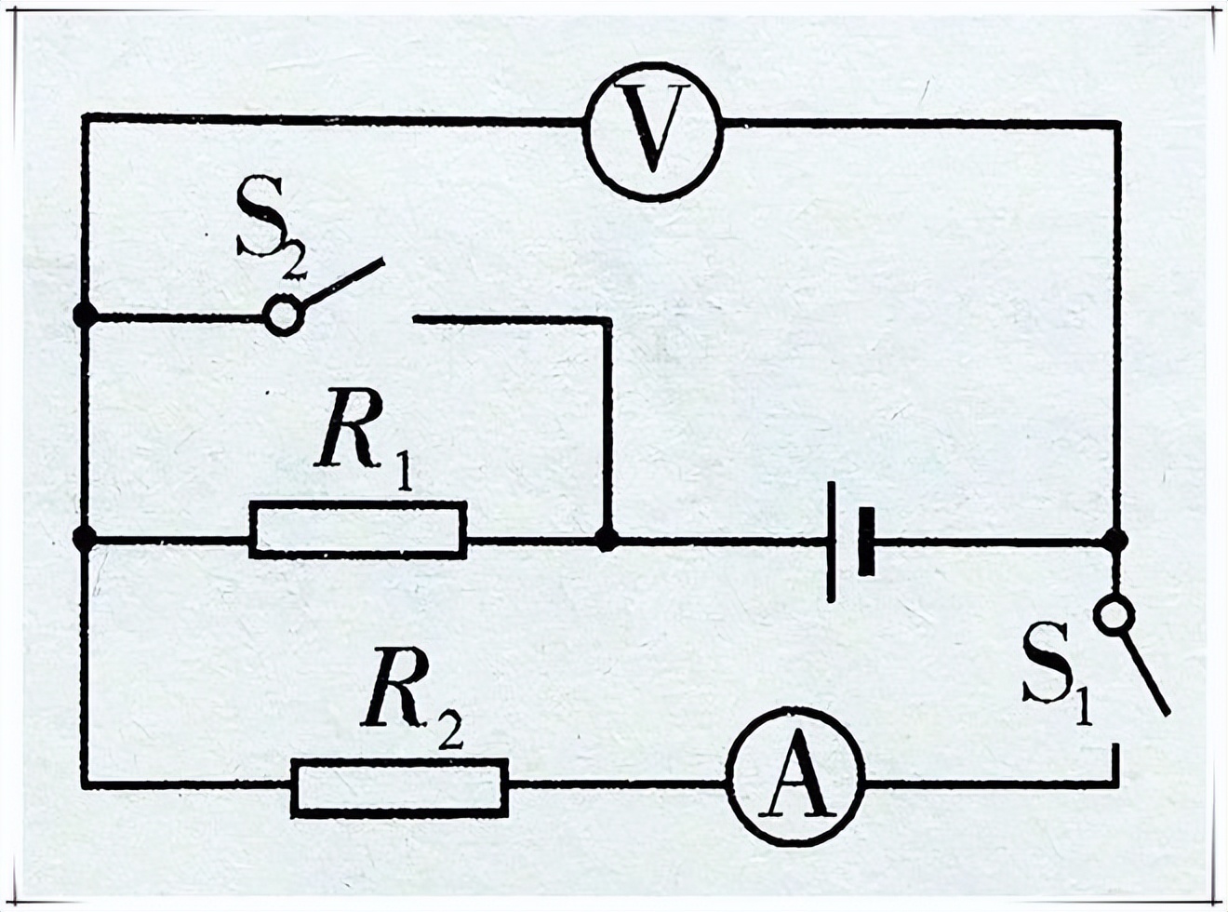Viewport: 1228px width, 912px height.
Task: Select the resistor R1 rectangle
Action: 358,530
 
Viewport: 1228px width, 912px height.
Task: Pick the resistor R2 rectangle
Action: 400,787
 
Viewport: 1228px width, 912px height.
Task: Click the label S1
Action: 1057,666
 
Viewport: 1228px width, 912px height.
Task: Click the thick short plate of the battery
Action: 866,542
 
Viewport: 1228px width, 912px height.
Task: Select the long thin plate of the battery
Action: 832,542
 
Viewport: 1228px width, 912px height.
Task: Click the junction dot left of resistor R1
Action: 85,538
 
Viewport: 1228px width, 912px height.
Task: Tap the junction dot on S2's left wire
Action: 85,315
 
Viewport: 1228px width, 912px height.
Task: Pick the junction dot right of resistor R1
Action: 607,538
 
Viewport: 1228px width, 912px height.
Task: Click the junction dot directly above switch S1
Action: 1115,539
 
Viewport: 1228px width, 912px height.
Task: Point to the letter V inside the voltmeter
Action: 653,131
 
